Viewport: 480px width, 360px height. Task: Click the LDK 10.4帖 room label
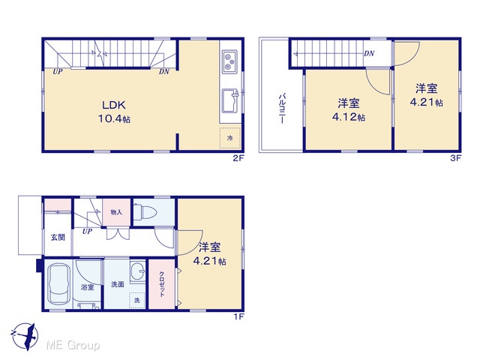click(114, 112)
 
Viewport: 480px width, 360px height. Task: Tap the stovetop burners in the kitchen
click(230, 61)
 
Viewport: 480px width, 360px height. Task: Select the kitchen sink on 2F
click(230, 101)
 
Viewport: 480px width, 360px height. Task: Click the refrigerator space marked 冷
click(230, 138)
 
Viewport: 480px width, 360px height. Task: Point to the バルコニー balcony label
click(282, 108)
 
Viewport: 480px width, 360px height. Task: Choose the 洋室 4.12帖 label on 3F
click(349, 110)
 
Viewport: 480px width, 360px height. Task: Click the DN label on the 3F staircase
click(369, 53)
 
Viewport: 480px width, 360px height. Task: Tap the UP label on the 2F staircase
click(58, 72)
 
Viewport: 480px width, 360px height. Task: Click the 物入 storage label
click(116, 212)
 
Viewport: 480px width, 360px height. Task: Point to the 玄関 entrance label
click(58, 237)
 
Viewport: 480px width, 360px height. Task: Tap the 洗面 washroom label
click(118, 284)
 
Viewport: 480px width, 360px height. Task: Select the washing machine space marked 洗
click(136, 300)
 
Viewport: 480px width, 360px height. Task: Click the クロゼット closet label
click(162, 284)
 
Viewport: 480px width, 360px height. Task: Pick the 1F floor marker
click(239, 316)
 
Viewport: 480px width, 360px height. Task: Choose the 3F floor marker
click(455, 158)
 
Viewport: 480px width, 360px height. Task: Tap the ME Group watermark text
click(73, 346)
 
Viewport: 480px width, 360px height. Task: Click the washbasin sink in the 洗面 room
click(138, 271)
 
